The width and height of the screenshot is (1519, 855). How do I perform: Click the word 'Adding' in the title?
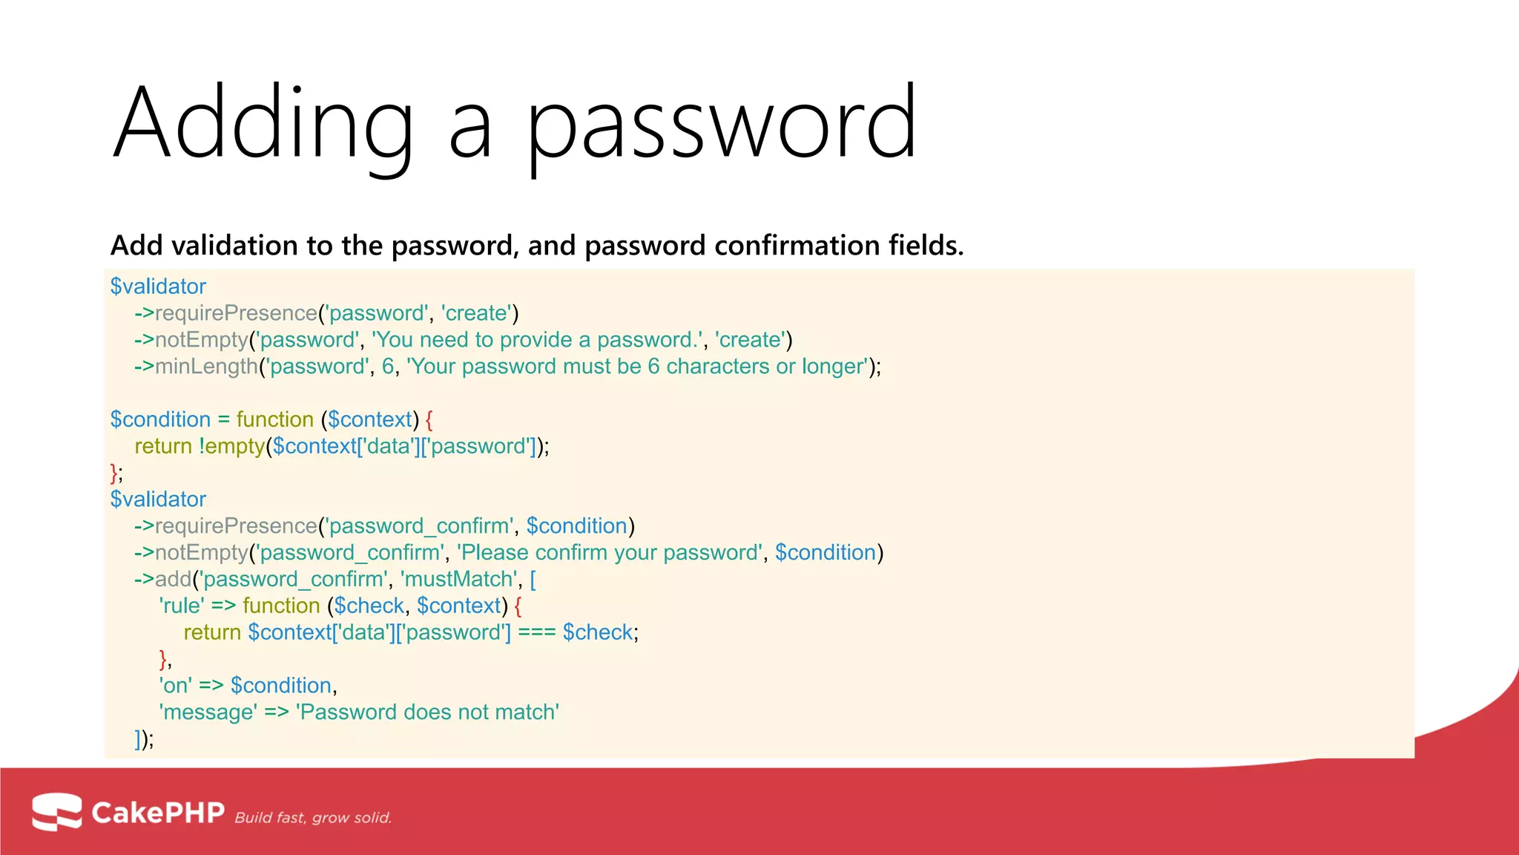263,122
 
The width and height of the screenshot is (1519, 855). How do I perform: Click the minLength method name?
205,367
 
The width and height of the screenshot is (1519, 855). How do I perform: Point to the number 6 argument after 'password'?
387,367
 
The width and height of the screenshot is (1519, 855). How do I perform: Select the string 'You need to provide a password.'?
537,340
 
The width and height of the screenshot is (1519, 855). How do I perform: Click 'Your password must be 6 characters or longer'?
637,367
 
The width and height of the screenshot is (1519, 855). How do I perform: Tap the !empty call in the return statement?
231,447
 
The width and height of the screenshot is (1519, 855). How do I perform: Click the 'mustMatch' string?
459,580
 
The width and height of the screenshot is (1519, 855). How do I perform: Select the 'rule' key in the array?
182,606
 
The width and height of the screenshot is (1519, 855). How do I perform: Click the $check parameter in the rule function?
369,606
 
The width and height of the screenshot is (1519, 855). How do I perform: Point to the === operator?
536,633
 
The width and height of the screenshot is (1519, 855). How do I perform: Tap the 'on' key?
175,686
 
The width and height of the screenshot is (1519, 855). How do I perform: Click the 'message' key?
208,712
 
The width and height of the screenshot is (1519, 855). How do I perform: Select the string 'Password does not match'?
428,712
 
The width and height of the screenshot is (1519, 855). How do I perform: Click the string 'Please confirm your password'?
610,553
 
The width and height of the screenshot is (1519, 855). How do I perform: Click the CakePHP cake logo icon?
56,812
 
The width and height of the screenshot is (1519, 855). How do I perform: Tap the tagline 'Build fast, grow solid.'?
313,818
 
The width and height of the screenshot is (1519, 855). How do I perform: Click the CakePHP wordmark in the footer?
157,813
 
